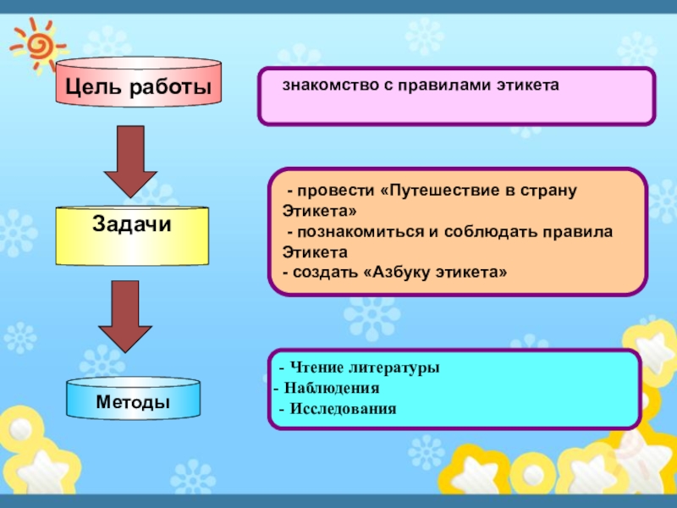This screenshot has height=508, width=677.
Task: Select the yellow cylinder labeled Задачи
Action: point(131,234)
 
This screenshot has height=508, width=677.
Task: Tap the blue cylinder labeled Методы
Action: point(133,399)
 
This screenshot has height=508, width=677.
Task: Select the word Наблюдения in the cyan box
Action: point(332,389)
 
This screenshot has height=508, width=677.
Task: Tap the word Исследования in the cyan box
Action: point(343,409)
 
